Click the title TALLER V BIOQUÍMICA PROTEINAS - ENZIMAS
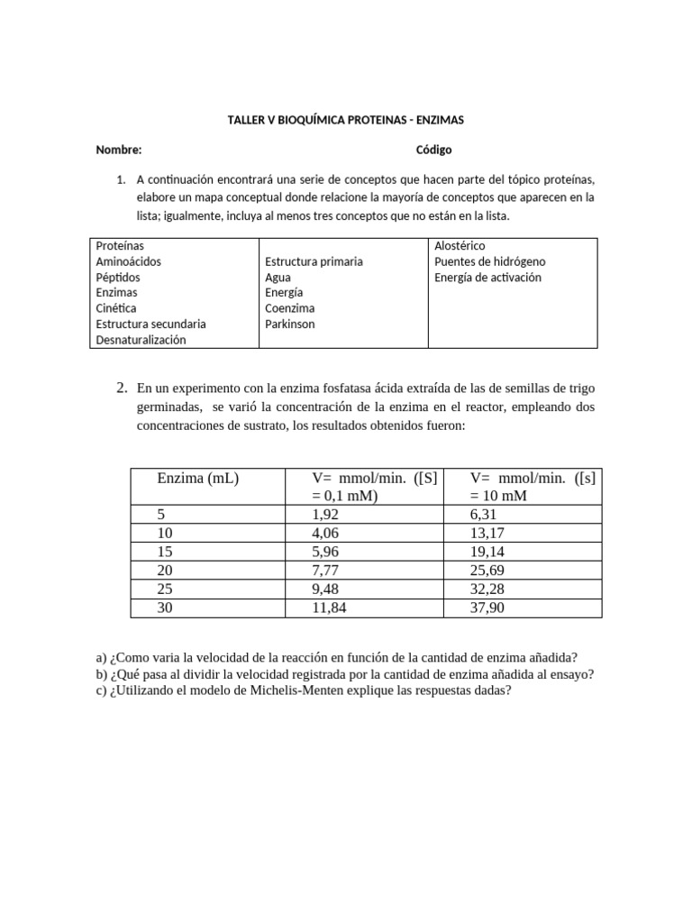tap(345, 119)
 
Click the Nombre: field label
tap(119, 150)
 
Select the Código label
tap(433, 150)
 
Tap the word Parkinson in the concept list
tap(289, 324)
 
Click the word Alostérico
tap(460, 245)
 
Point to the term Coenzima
tap(290, 308)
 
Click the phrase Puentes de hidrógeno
tap(489, 261)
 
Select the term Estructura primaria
tap(314, 261)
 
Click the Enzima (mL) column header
tap(197, 479)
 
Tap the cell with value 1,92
tap(324, 514)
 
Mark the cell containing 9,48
tap(324, 589)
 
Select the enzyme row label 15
tap(165, 552)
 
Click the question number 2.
tap(122, 388)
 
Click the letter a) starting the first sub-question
tap(100, 657)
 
